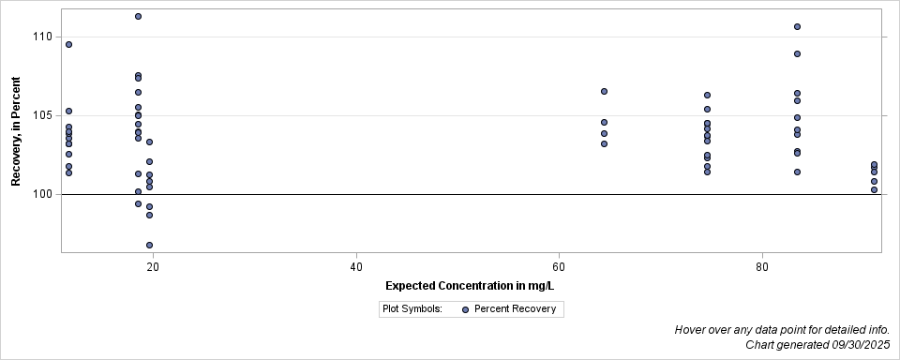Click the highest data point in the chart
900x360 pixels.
(138, 16)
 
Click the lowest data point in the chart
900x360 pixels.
(149, 245)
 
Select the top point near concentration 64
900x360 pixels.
(604, 91)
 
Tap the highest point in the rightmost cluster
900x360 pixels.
(874, 165)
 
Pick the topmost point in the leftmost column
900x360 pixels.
(68, 44)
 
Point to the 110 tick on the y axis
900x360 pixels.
(45, 37)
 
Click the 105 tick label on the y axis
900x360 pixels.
(45, 116)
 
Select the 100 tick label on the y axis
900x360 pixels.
(45, 195)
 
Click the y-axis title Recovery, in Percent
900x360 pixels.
(16, 132)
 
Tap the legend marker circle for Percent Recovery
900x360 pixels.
(465, 308)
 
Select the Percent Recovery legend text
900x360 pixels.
(515, 308)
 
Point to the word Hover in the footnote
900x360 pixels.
(691, 330)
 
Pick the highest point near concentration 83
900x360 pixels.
(797, 26)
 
